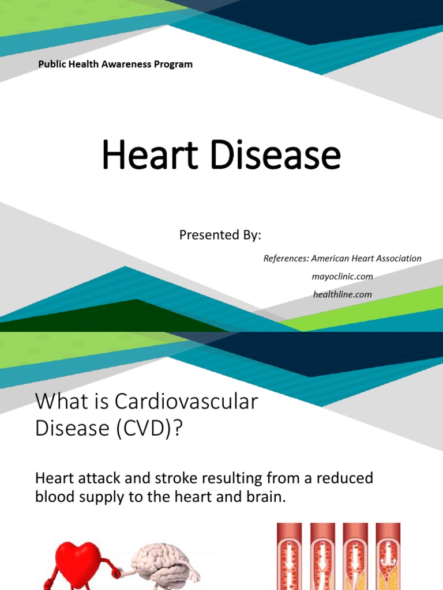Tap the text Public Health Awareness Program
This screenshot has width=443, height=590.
pos(115,65)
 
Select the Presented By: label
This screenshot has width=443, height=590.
pos(220,235)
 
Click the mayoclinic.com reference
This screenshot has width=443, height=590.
pos(342,277)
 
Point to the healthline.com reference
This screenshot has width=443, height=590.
pos(342,294)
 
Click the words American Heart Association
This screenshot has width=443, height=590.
pos(367,259)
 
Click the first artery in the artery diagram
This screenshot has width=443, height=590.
pos(290,556)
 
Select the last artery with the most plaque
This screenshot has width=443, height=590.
pos(388,556)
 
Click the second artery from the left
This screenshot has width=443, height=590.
pos(322,556)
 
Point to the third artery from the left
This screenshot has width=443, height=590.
pos(355,556)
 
